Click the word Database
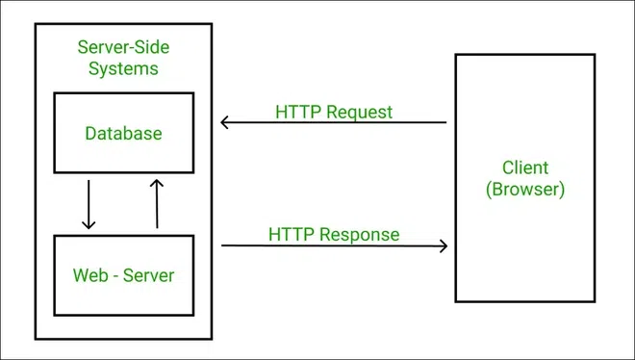[x=123, y=133]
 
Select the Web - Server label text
[x=123, y=275]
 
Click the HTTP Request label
[x=334, y=112]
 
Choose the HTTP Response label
[x=334, y=234]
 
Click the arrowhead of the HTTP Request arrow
[x=224, y=122]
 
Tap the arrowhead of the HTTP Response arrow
[x=444, y=245]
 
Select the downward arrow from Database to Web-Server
[x=89, y=203]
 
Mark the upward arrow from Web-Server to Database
[x=157, y=203]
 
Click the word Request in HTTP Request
[x=360, y=112]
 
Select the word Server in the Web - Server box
[x=146, y=275]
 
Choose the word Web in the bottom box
[x=89, y=275]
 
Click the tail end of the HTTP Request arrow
[x=444, y=122]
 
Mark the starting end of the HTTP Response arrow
[x=224, y=245]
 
